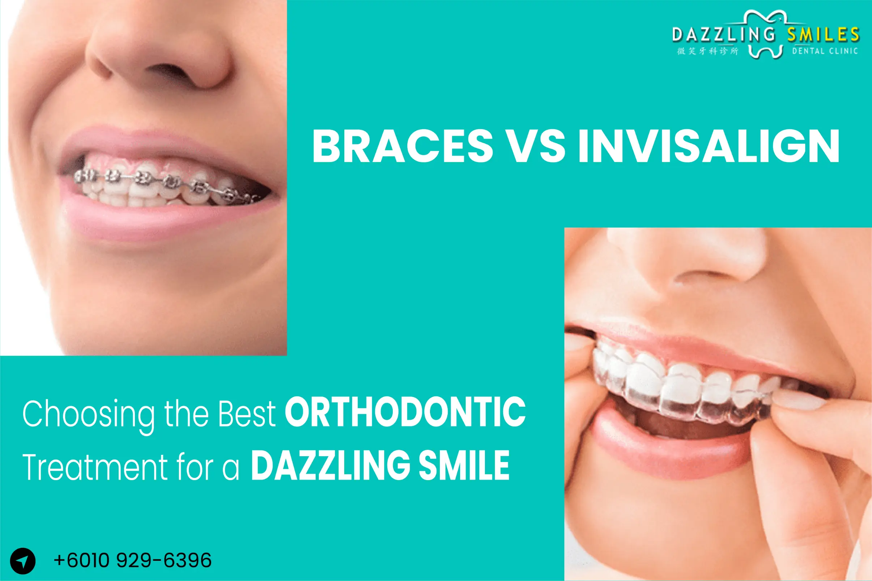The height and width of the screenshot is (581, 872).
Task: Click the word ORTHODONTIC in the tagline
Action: tap(405, 412)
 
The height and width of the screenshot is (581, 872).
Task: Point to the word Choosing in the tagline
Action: tap(88, 414)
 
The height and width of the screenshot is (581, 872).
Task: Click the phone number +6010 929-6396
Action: tap(132, 560)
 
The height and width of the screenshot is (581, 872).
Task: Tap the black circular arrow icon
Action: tap(23, 561)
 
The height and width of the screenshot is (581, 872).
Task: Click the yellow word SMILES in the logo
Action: tap(823, 35)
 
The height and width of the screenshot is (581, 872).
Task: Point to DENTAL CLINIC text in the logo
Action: tap(825, 51)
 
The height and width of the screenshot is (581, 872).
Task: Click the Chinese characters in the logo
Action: tap(707, 51)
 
